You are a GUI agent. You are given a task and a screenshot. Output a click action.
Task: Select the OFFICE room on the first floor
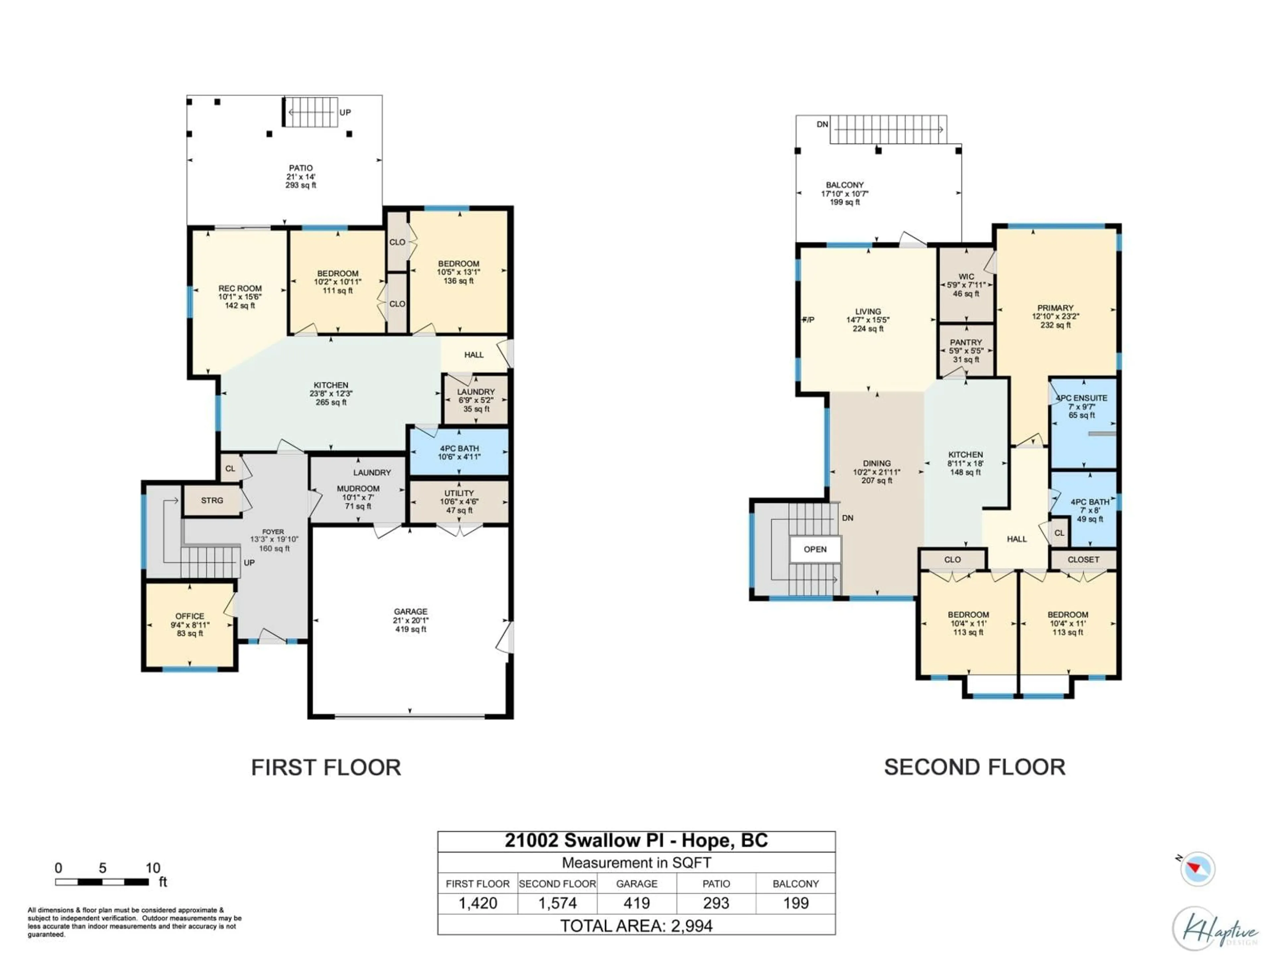pyautogui.click(x=190, y=625)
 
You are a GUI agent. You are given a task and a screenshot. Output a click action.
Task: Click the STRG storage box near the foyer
pyautogui.click(x=212, y=501)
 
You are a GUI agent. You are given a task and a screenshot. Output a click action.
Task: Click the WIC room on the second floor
pyautogui.click(x=966, y=285)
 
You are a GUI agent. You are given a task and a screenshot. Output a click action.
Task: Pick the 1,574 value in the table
pyautogui.click(x=557, y=903)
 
